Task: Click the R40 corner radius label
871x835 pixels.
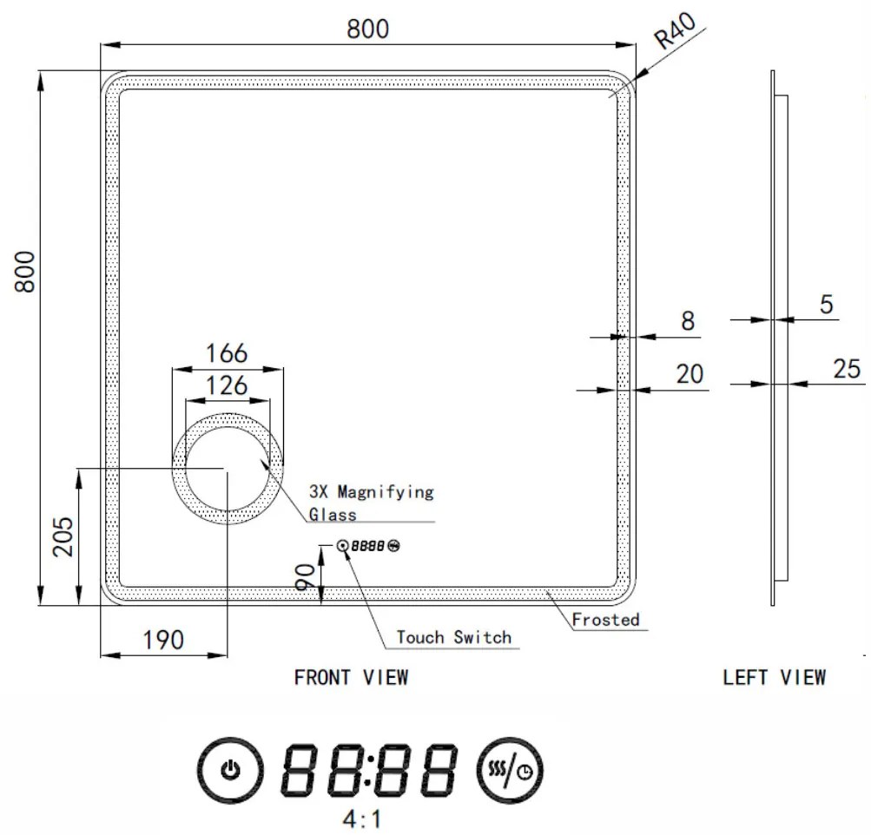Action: pos(676,35)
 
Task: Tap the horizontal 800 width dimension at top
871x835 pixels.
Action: pos(368,29)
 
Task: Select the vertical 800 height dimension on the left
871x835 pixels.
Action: pos(25,272)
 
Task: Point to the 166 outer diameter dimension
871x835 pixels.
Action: pos(227,353)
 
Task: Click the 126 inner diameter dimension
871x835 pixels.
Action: pos(227,385)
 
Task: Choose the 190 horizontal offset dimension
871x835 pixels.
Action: pos(163,640)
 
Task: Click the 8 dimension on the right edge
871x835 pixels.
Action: pos(688,321)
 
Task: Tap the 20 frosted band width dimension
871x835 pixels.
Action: pos(690,374)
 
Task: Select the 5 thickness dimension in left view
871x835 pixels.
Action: pos(826,305)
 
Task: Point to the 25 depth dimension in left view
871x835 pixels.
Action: pos(847,369)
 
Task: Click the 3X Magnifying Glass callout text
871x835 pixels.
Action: pos(371,503)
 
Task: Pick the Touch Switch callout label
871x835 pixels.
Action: pos(454,637)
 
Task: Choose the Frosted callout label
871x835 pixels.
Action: pos(606,619)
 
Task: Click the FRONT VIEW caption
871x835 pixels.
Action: pos(351,677)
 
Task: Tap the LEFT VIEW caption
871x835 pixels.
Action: pos(775,677)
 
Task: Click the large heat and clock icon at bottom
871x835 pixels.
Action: pos(513,770)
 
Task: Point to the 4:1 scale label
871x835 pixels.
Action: pos(362,819)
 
